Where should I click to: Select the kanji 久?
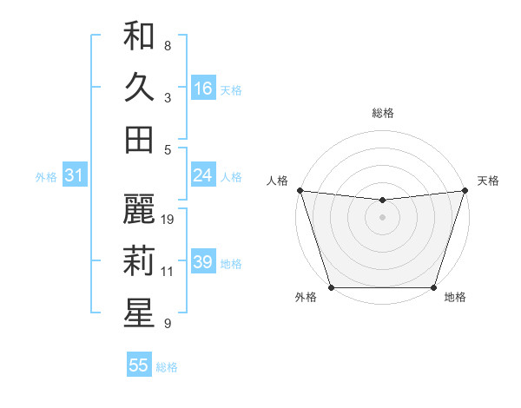click(x=139, y=88)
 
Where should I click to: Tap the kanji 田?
click(x=139, y=139)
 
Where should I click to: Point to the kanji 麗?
click(x=139, y=209)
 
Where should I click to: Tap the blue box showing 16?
click(x=203, y=89)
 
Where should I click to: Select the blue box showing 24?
click(x=203, y=175)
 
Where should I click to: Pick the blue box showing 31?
click(x=74, y=175)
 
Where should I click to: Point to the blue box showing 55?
click(x=139, y=365)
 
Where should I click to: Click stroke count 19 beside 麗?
click(x=168, y=220)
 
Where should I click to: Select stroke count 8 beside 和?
click(x=168, y=46)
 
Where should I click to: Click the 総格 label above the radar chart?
click(x=382, y=114)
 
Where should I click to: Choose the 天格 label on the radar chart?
click(x=488, y=181)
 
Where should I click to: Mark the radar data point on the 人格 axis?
click(x=300, y=190)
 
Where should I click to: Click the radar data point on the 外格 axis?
click(x=331, y=287)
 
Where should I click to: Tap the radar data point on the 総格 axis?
click(x=382, y=200)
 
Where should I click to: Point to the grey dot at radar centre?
click(x=382, y=217)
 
